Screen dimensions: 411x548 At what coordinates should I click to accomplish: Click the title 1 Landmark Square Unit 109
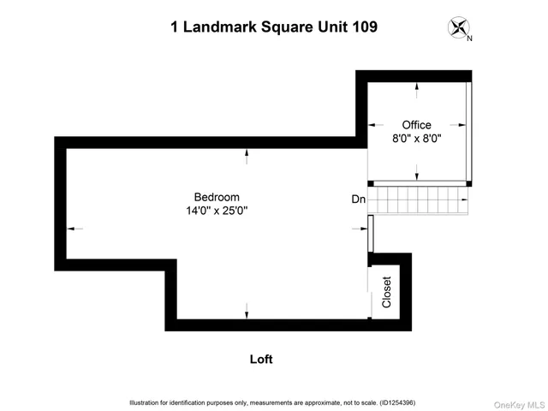point(274,27)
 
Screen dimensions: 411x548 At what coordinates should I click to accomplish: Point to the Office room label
point(417,125)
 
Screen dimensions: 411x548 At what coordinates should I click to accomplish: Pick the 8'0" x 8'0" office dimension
point(417,139)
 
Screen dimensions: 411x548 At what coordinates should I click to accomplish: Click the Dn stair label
point(359,199)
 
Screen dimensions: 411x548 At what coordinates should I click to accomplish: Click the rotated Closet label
point(387,292)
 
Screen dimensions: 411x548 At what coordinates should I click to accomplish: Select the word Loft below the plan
point(261,360)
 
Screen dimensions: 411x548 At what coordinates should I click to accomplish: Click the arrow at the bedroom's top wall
point(247,156)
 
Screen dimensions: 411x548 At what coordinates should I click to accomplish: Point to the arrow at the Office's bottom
point(417,175)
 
